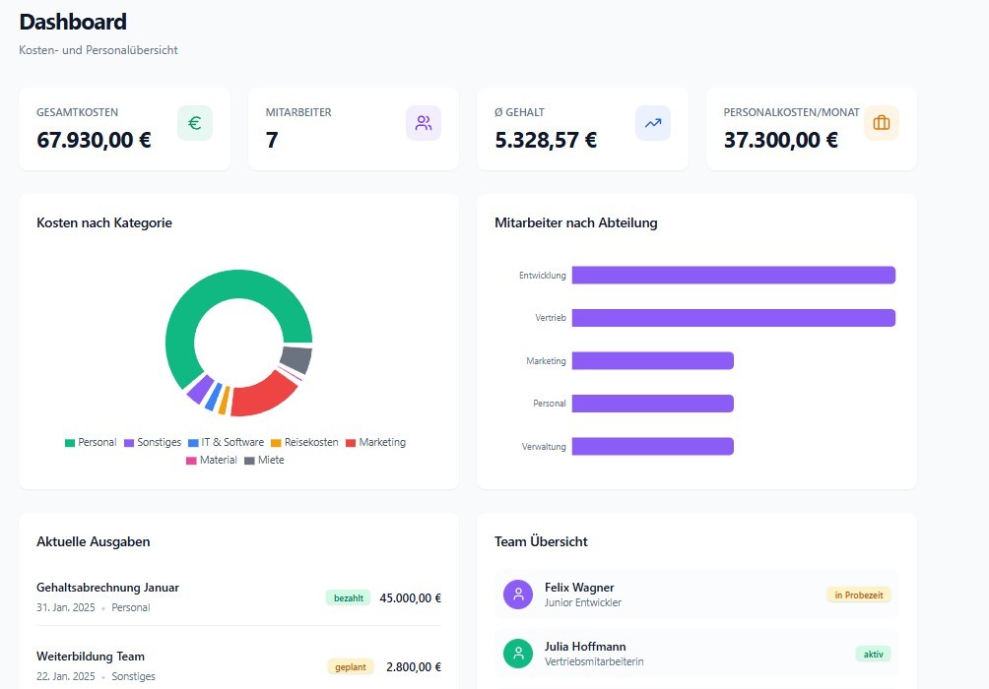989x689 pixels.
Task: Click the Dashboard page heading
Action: click(x=73, y=22)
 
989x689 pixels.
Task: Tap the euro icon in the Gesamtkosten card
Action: click(x=195, y=123)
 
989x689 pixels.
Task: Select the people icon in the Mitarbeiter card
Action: click(x=424, y=123)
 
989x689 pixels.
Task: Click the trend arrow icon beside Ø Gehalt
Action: click(x=653, y=123)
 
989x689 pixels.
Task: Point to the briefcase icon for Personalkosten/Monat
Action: click(x=882, y=123)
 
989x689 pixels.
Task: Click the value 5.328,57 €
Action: click(x=546, y=140)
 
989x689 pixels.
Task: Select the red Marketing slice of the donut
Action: click(x=261, y=395)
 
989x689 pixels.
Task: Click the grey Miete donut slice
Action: click(x=297, y=359)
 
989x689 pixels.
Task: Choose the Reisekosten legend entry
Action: click(x=304, y=443)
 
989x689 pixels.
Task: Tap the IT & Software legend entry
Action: click(x=226, y=443)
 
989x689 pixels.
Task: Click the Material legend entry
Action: click(x=212, y=461)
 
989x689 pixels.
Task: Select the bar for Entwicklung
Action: click(x=733, y=276)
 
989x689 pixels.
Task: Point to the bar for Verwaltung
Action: click(x=652, y=447)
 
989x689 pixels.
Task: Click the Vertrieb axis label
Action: click(x=551, y=319)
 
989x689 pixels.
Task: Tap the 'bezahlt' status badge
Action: click(x=349, y=597)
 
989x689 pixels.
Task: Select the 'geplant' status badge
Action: click(x=351, y=666)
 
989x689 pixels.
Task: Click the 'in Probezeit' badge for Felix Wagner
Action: click(x=859, y=595)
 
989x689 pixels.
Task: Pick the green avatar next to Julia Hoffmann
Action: click(x=518, y=654)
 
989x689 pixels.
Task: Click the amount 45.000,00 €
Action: click(x=411, y=597)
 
